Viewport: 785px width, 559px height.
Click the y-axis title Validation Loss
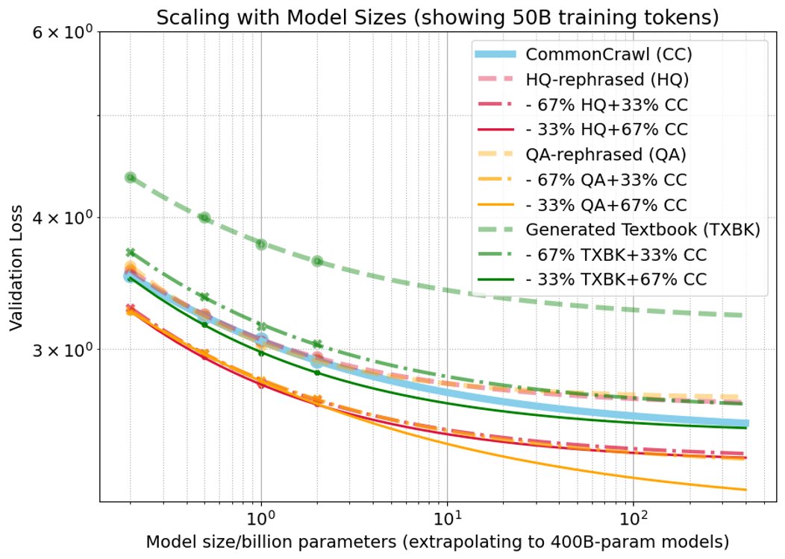pyautogui.click(x=17, y=268)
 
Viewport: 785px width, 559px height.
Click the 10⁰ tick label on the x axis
pyautogui.click(x=261, y=516)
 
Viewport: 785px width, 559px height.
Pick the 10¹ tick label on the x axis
pyautogui.click(x=446, y=516)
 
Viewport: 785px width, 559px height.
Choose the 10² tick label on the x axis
pyautogui.click(x=632, y=516)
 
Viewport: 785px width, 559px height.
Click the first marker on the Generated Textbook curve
pyautogui.click(x=131, y=177)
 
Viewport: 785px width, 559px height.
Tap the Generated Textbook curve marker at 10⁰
pyautogui.click(x=261, y=244)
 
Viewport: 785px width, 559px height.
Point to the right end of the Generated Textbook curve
pyautogui.click(x=745, y=315)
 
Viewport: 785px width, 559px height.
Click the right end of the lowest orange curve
pyautogui.click(x=745, y=490)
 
